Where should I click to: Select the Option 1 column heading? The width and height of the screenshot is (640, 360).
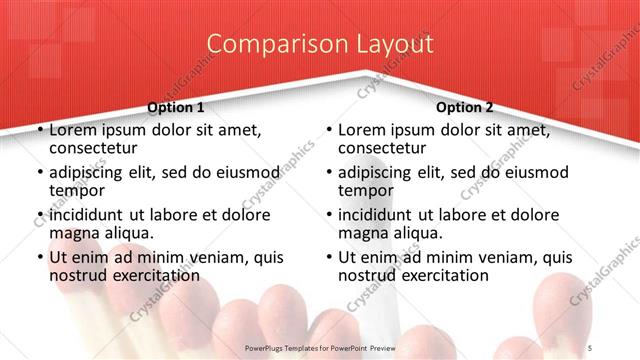[176, 107]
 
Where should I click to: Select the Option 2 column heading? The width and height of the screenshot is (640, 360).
[465, 107]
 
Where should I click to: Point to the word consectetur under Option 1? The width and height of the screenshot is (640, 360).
[98, 148]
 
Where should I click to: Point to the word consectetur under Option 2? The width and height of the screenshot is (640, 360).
[387, 148]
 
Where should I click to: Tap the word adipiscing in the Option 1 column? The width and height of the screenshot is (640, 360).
[91, 172]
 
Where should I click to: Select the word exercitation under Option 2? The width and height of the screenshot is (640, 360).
[441, 275]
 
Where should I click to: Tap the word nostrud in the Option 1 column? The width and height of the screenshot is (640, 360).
[79, 275]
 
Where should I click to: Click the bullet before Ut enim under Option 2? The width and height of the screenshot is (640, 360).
[329, 257]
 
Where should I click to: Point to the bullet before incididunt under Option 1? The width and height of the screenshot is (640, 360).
[40, 215]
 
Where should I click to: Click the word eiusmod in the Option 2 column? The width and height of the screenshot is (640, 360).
[517, 172]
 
